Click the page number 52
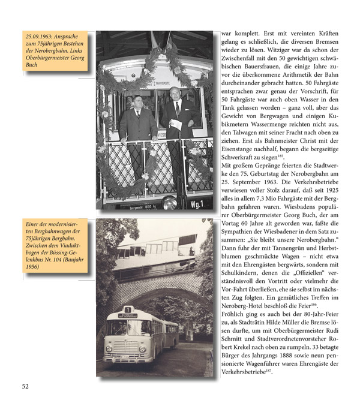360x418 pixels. point(25,386)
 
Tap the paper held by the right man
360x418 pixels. point(176,124)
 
